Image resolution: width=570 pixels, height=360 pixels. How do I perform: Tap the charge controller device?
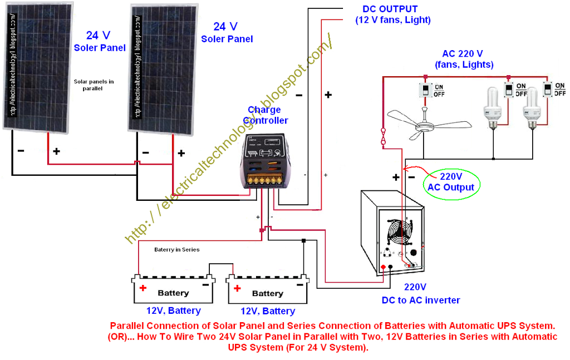(264, 161)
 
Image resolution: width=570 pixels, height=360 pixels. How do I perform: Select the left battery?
(173, 289)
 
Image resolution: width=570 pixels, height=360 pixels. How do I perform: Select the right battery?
(268, 290)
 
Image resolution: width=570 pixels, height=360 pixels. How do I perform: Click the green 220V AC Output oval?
(451, 182)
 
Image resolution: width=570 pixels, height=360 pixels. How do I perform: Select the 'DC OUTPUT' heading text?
(390, 9)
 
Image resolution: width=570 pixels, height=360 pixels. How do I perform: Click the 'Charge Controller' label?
(266, 115)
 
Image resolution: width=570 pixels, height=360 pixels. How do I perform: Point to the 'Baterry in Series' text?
(176, 250)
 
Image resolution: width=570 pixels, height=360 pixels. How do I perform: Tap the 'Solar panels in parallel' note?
(94, 85)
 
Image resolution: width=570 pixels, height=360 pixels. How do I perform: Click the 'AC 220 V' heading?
(462, 54)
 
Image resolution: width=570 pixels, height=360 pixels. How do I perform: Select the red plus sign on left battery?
(143, 288)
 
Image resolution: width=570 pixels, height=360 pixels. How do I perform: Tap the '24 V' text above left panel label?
(98, 36)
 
